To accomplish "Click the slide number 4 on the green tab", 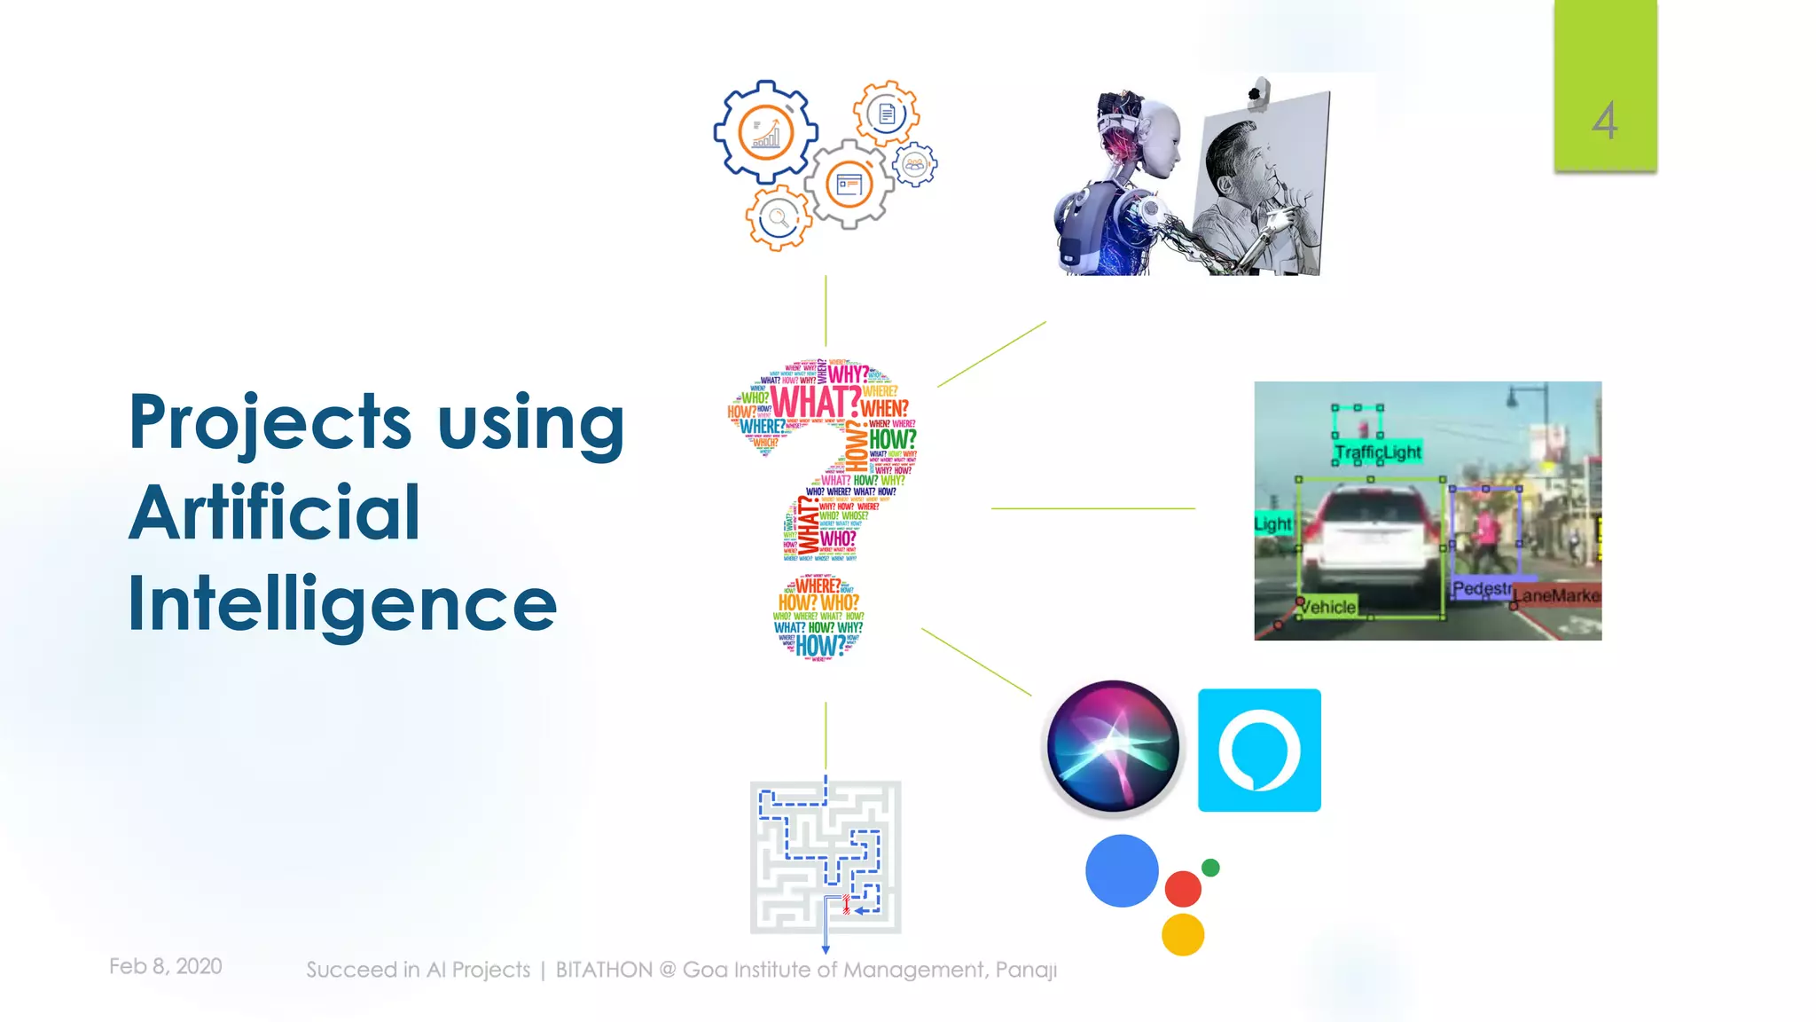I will (1604, 121).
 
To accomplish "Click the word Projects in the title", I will (270, 423).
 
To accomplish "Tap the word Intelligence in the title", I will (342, 605).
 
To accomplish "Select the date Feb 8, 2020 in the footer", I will (165, 966).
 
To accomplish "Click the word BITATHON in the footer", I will (603, 970).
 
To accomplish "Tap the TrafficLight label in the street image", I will (1377, 452).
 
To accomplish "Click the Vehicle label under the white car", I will (1327, 607).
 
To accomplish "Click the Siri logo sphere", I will (1113, 746).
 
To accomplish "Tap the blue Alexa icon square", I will (1259, 750).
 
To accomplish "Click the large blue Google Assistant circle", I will (1122, 870).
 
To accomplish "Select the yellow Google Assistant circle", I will (1183, 934).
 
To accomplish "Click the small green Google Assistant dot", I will (1210, 868).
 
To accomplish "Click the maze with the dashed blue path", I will (826, 857).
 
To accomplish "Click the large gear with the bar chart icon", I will (765, 132).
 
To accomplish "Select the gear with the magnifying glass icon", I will (778, 217).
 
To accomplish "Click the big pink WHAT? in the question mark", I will (814, 402).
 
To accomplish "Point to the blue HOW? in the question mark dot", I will (820, 646).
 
